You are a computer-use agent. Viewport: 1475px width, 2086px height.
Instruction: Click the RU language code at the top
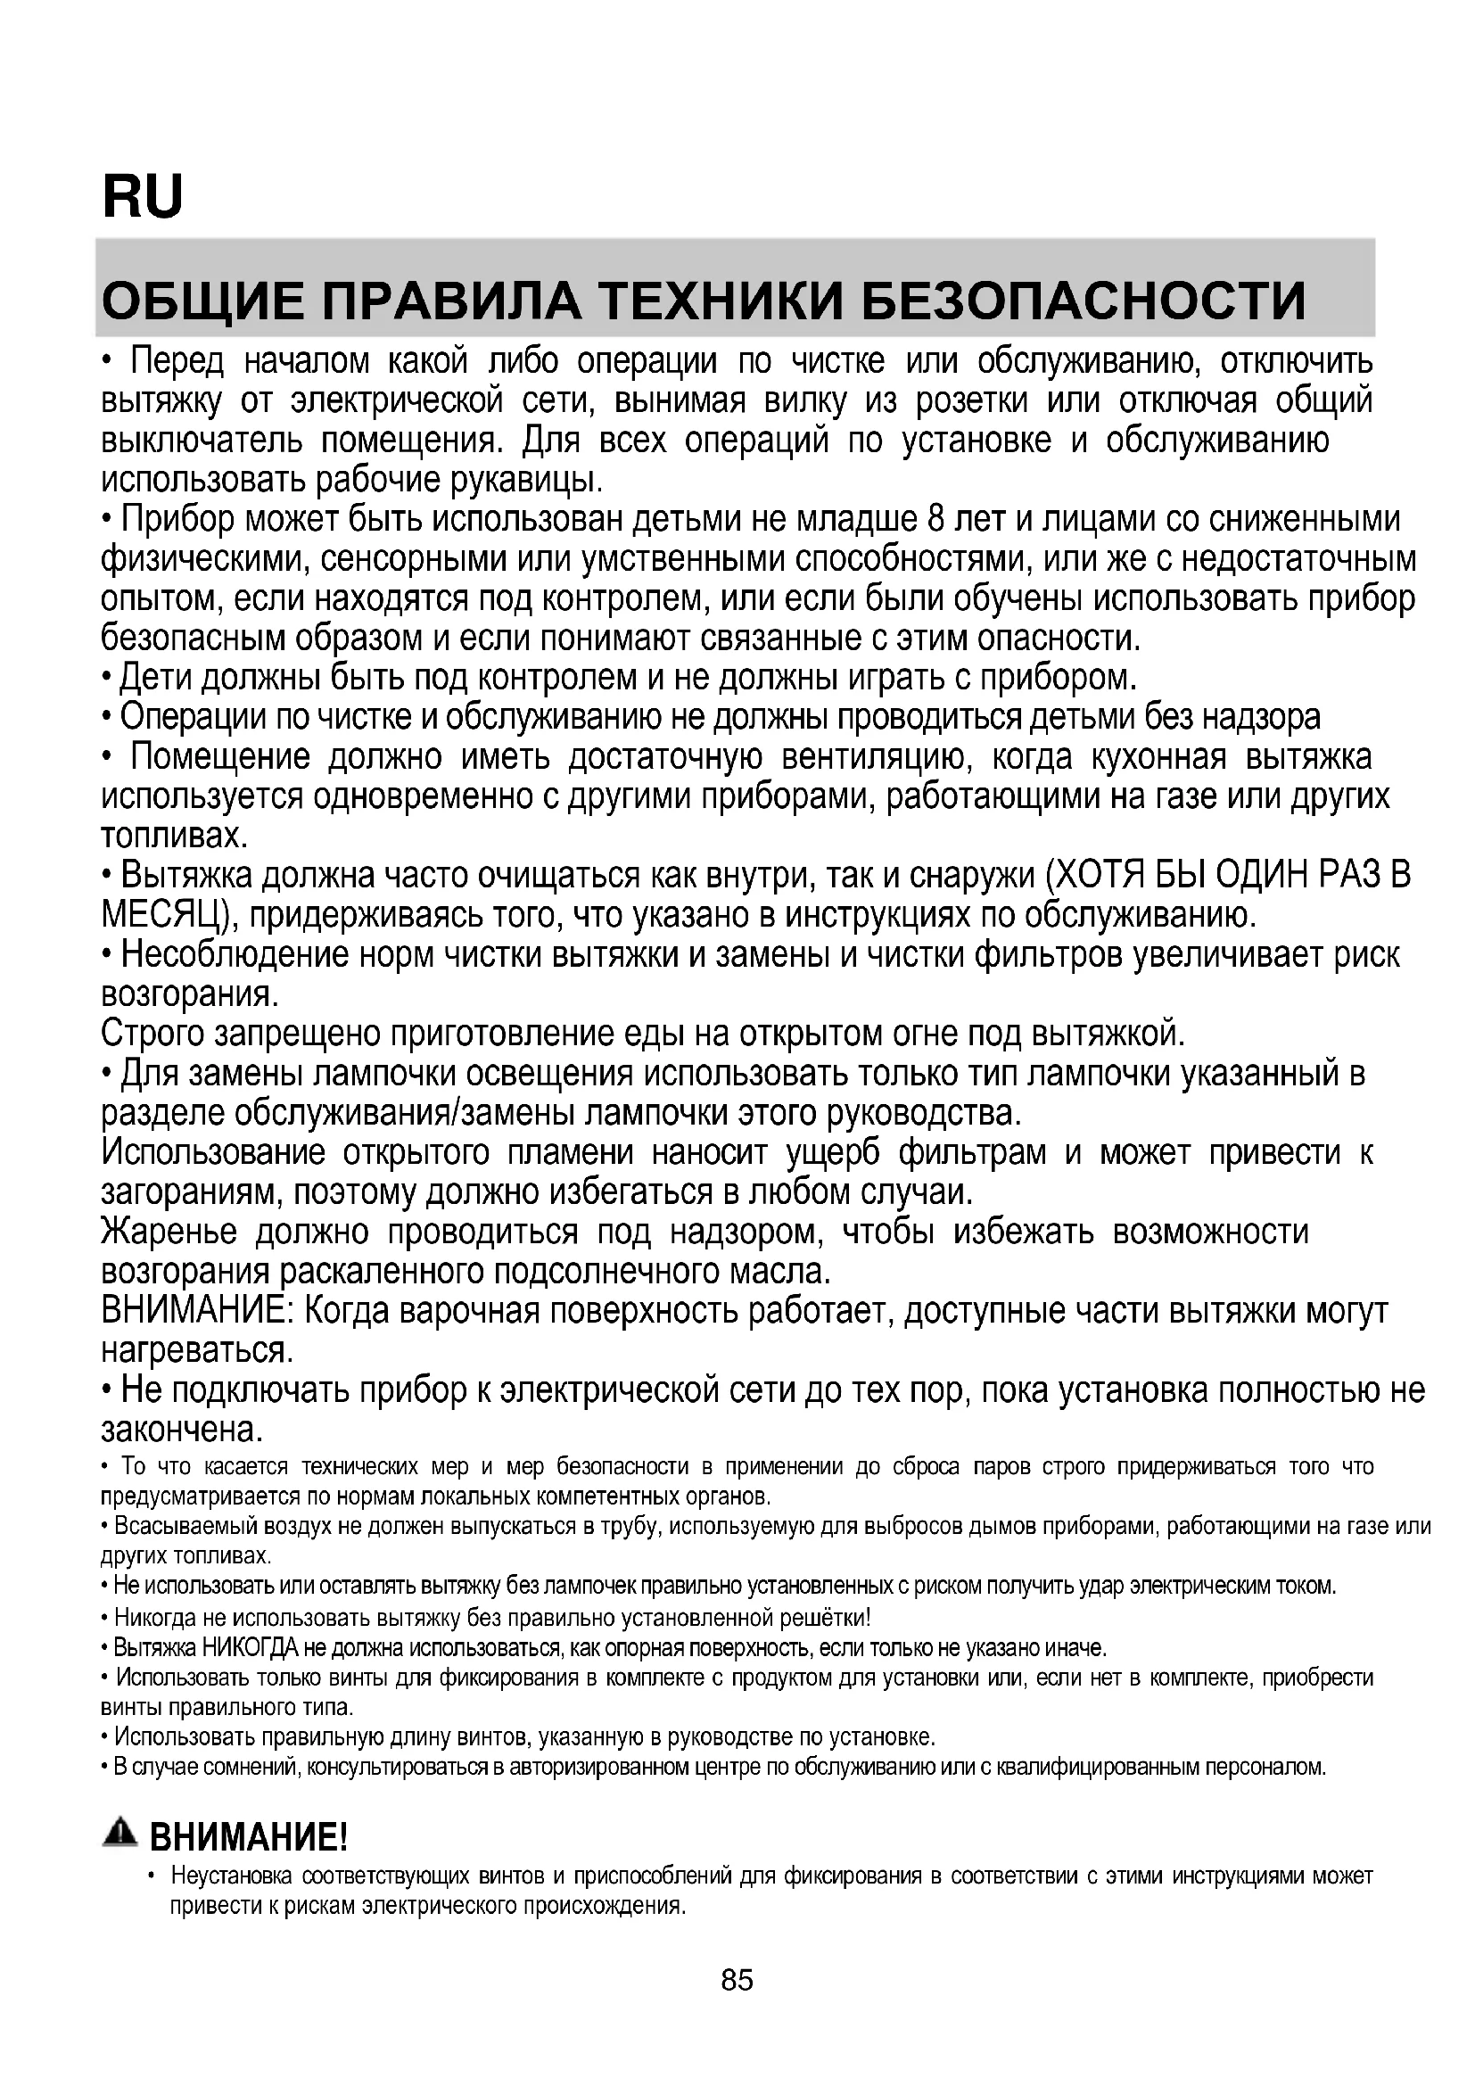click(x=143, y=197)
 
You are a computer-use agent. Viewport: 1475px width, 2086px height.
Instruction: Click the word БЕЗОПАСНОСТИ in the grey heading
click(x=1083, y=301)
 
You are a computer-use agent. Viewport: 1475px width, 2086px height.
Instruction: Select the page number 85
click(x=737, y=1980)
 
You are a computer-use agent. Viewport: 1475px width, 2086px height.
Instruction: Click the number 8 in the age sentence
click(x=937, y=520)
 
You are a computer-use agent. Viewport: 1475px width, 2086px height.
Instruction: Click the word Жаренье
click(x=169, y=1233)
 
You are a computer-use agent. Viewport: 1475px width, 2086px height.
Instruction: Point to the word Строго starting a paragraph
click(x=152, y=1035)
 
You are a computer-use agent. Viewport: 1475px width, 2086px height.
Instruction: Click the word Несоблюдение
click(x=235, y=955)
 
